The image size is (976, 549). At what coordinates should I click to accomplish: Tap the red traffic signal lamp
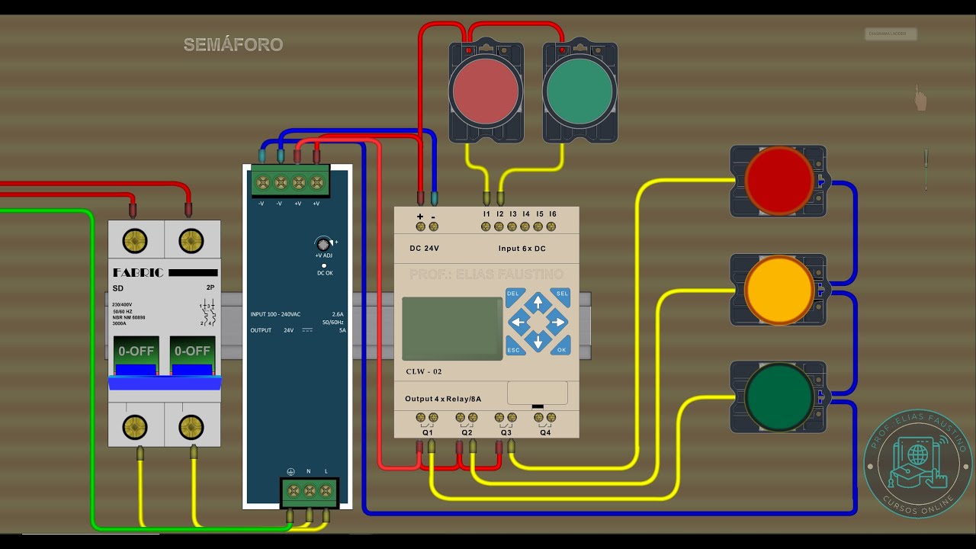coord(779,181)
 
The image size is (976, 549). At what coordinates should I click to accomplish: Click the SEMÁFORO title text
coord(233,45)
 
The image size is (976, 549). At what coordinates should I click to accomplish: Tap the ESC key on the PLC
coord(513,350)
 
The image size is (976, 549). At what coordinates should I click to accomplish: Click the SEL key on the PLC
coord(562,294)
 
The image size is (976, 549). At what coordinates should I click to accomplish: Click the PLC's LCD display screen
coord(451,328)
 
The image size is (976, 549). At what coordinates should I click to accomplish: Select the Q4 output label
coord(545,432)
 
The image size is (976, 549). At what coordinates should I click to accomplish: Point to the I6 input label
coord(553,214)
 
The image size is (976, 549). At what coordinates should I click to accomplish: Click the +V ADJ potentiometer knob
coord(323,244)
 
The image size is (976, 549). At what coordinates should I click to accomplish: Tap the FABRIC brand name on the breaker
coord(138,272)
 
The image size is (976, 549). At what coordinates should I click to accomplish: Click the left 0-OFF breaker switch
coord(136,351)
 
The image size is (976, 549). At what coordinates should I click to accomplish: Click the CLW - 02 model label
coord(424,371)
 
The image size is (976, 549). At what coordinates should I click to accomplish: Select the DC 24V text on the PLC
coord(425,249)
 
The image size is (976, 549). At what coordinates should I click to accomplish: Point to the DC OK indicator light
coord(324,265)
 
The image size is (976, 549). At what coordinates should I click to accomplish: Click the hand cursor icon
coord(921,99)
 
